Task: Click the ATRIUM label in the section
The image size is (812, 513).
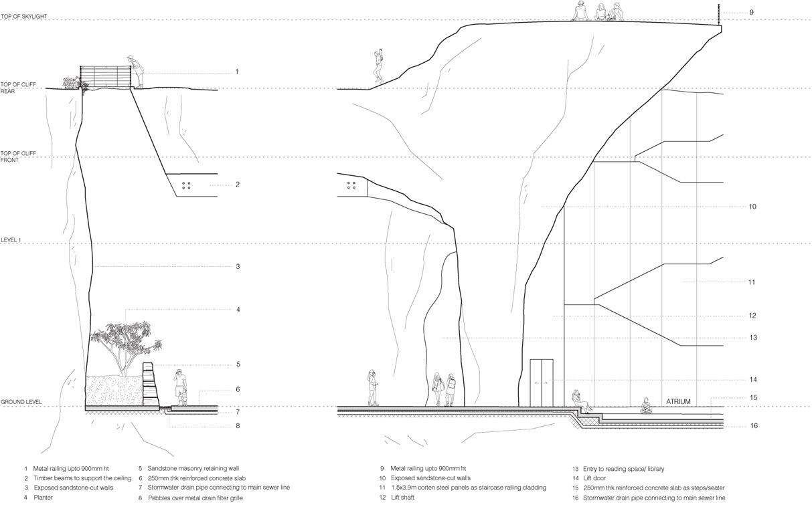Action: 678,402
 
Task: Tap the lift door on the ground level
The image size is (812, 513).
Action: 542,382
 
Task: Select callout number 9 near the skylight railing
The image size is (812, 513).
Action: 751,12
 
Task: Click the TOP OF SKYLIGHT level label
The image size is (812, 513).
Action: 23,16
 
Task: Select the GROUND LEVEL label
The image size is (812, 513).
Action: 21,402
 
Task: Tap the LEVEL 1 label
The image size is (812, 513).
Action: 11,239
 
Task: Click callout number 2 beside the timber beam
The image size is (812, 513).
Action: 237,185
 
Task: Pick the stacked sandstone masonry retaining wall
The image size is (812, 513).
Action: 150,385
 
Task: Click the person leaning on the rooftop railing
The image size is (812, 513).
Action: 137,72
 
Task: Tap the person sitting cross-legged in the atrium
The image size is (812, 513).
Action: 646,406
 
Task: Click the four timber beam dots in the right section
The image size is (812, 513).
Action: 351,185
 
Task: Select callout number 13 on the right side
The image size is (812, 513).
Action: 753,338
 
